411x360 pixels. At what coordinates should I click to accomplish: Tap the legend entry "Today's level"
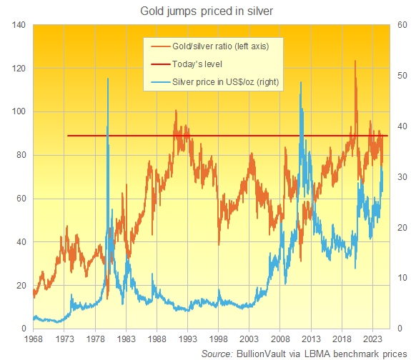(x=198, y=65)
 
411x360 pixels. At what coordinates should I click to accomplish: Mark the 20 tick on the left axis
(x=21, y=286)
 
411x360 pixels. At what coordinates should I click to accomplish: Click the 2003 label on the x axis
(x=249, y=339)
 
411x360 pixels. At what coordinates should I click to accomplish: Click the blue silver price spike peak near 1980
(x=107, y=79)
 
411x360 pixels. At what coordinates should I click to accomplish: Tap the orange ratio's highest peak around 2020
(x=355, y=61)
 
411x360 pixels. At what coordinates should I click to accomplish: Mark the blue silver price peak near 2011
(x=300, y=82)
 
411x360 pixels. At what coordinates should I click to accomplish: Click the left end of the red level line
(x=67, y=136)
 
